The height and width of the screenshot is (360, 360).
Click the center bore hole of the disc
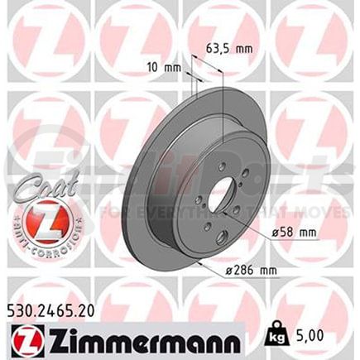coord(221,199)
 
